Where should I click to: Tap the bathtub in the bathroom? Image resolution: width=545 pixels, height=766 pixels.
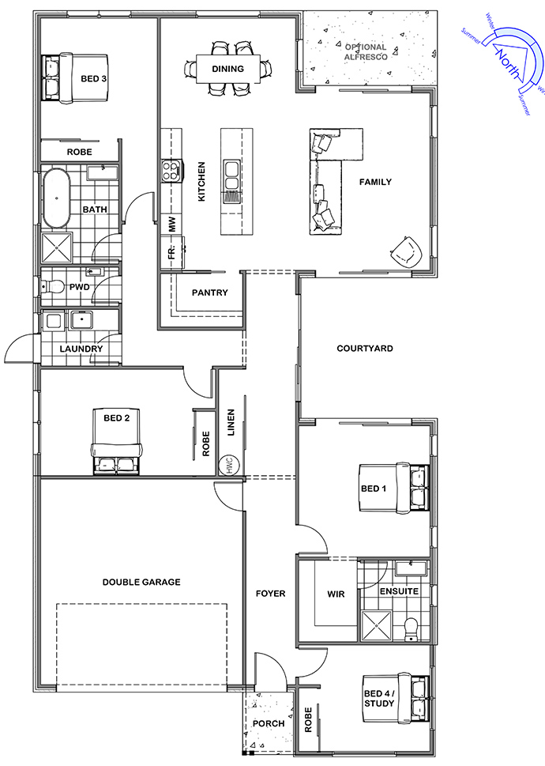click(x=57, y=198)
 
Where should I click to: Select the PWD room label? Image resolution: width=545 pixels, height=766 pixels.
click(x=80, y=287)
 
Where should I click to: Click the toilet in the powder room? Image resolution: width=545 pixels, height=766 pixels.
click(x=52, y=286)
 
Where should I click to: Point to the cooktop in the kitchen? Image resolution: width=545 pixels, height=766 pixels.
click(x=171, y=171)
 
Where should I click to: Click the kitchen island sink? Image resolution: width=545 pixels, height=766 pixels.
click(x=231, y=175)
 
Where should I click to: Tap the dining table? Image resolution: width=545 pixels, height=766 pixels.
click(x=227, y=69)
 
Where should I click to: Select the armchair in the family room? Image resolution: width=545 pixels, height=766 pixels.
click(x=406, y=252)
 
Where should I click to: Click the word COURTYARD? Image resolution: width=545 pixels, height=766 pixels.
click(x=365, y=349)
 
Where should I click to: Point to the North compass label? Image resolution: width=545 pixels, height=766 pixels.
click(x=507, y=63)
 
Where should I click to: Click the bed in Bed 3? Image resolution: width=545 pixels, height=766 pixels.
click(x=75, y=78)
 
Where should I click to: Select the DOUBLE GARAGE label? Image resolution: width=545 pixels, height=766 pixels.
click(x=141, y=582)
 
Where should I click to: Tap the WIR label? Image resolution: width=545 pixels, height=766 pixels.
click(x=336, y=594)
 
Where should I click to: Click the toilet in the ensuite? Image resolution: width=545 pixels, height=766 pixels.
click(x=412, y=628)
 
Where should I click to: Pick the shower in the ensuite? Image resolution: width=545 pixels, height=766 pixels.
click(x=376, y=624)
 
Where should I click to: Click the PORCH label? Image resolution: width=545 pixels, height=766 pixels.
click(x=269, y=723)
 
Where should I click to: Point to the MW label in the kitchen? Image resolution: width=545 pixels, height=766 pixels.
click(x=171, y=225)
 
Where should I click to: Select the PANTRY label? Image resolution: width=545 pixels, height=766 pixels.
click(x=210, y=292)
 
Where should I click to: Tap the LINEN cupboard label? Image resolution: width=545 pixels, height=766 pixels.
click(x=231, y=423)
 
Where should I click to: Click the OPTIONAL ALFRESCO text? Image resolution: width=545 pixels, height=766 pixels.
click(x=366, y=52)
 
